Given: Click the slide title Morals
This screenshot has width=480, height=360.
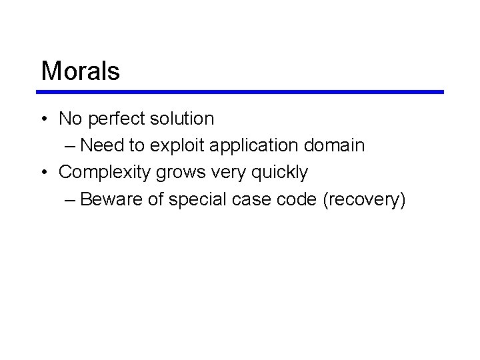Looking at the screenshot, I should pos(80,71).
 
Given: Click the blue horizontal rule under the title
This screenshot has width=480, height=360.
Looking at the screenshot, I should pos(241,92).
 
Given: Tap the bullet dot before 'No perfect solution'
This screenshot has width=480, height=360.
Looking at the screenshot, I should pos(43,119).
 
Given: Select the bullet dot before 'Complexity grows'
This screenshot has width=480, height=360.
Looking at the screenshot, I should pos(43,173).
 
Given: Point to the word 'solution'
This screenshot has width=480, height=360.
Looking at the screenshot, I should pos(181,119).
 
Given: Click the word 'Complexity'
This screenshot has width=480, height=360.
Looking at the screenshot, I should pos(105,173).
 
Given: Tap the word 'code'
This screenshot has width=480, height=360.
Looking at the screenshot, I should pos(295,199).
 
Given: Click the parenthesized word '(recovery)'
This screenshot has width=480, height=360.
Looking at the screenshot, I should pos(363,199).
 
